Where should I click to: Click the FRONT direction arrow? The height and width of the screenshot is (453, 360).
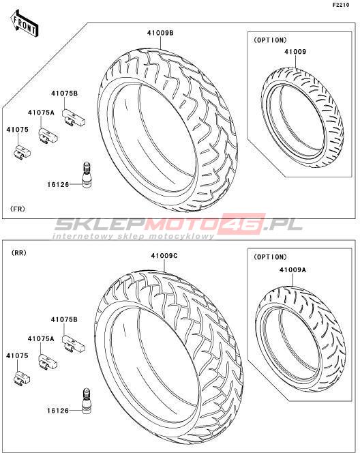point(25,24)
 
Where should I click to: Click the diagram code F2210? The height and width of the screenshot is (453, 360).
point(341,5)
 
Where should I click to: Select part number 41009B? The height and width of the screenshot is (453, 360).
point(160,33)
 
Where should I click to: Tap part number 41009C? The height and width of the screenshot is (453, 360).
point(164,256)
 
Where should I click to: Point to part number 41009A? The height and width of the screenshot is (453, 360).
point(292,270)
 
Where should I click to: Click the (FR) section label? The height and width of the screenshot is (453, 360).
point(17,209)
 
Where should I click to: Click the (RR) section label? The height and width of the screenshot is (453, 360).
point(19,253)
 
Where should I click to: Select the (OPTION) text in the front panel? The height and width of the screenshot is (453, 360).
point(270,40)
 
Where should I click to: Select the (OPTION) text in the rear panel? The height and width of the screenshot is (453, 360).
point(270,257)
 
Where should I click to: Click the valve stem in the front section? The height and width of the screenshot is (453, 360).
point(87,175)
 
